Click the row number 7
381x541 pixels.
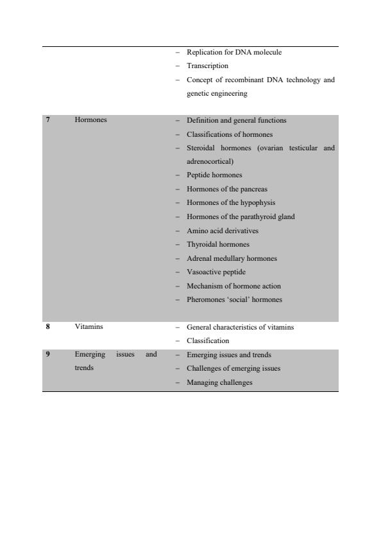[x=48, y=120]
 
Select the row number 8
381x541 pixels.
[x=48, y=327]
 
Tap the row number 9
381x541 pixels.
[x=48, y=355]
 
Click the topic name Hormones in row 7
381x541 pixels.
[x=91, y=120]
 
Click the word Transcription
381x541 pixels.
[x=207, y=66]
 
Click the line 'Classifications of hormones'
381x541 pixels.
[x=229, y=134]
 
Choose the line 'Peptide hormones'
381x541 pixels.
[x=215, y=175]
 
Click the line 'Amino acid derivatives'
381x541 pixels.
[x=223, y=231]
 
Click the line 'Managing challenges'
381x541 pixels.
[x=219, y=382]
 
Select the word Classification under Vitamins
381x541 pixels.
[x=208, y=341]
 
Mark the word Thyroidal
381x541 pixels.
[x=201, y=244]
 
